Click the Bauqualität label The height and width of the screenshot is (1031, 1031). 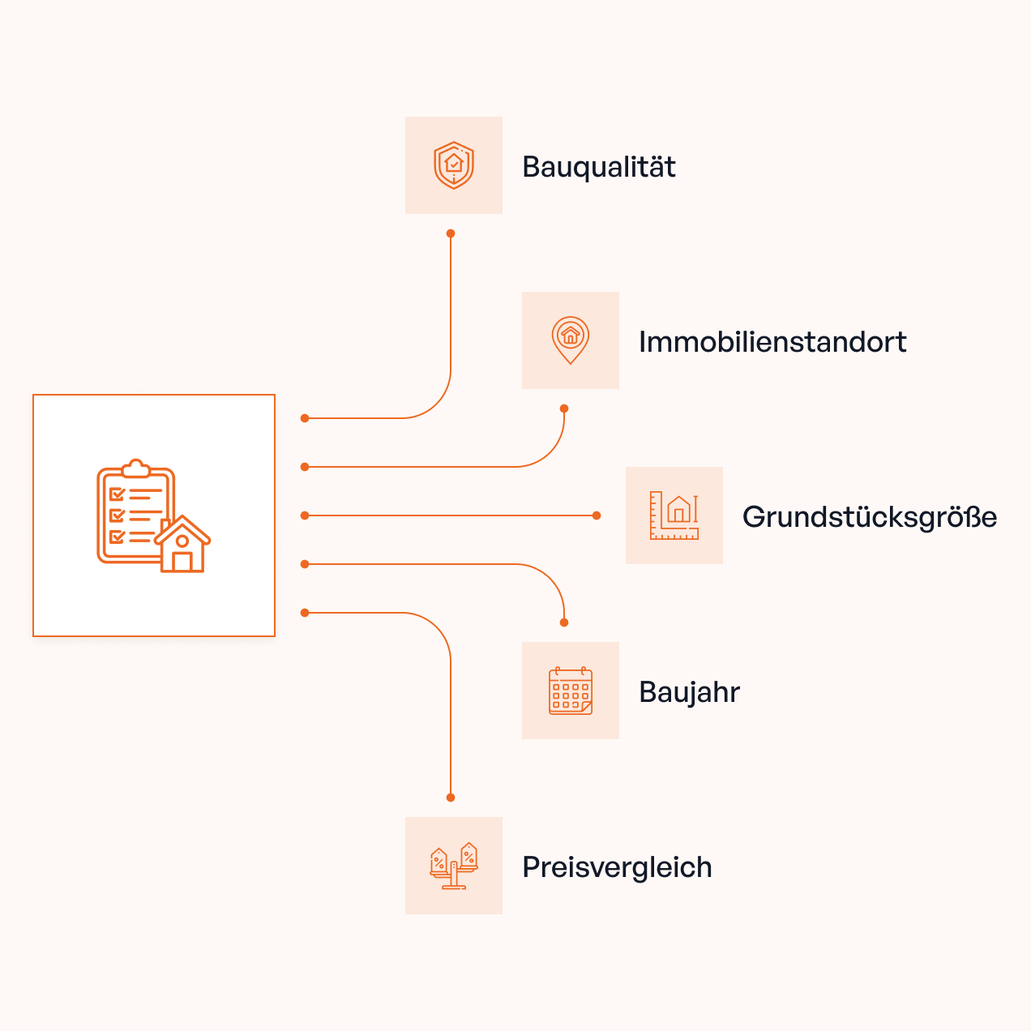coord(598,167)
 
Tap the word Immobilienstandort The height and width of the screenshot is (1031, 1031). coord(772,342)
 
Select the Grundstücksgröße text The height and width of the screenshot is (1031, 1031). coord(869,517)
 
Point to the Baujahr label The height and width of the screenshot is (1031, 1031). coord(689,692)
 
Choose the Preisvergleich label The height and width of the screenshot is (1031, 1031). coord(617,867)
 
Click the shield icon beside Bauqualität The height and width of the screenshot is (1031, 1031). coord(454,165)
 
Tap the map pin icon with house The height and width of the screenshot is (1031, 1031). coord(571,340)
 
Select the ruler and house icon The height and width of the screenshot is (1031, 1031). coord(674,515)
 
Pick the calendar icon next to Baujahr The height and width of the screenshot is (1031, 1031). coord(571,691)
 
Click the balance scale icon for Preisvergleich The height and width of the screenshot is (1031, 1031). coord(454,866)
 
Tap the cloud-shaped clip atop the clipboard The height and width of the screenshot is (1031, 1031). coord(136,468)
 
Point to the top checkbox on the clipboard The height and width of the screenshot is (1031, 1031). coord(117,494)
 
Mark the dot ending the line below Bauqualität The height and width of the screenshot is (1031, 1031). coord(451,233)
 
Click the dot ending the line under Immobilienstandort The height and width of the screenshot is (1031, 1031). coord(564,409)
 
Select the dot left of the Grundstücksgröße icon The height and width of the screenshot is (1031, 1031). coord(597,515)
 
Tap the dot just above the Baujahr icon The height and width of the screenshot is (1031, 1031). coord(564,622)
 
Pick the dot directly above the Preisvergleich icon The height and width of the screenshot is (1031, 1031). coord(451,798)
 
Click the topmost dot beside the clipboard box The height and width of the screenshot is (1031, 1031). coord(305,418)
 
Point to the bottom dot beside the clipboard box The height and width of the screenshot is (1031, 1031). coord(305,613)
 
